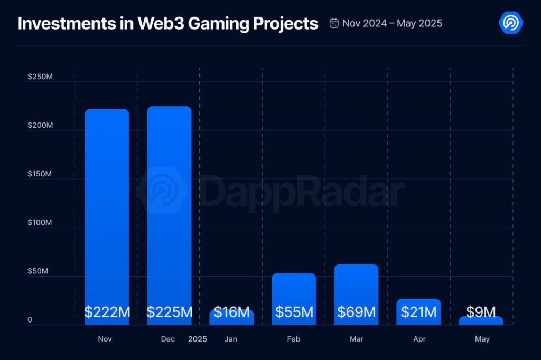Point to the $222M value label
107,312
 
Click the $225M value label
169,312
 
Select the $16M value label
231,312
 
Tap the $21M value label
418,312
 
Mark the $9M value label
481,312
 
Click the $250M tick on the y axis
40,77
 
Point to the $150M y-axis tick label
40,174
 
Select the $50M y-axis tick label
38,271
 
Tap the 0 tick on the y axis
30,320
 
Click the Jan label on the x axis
231,339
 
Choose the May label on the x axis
482,339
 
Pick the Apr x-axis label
419,339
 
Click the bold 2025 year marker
198,339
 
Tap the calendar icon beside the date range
334,23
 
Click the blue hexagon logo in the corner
511,23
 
